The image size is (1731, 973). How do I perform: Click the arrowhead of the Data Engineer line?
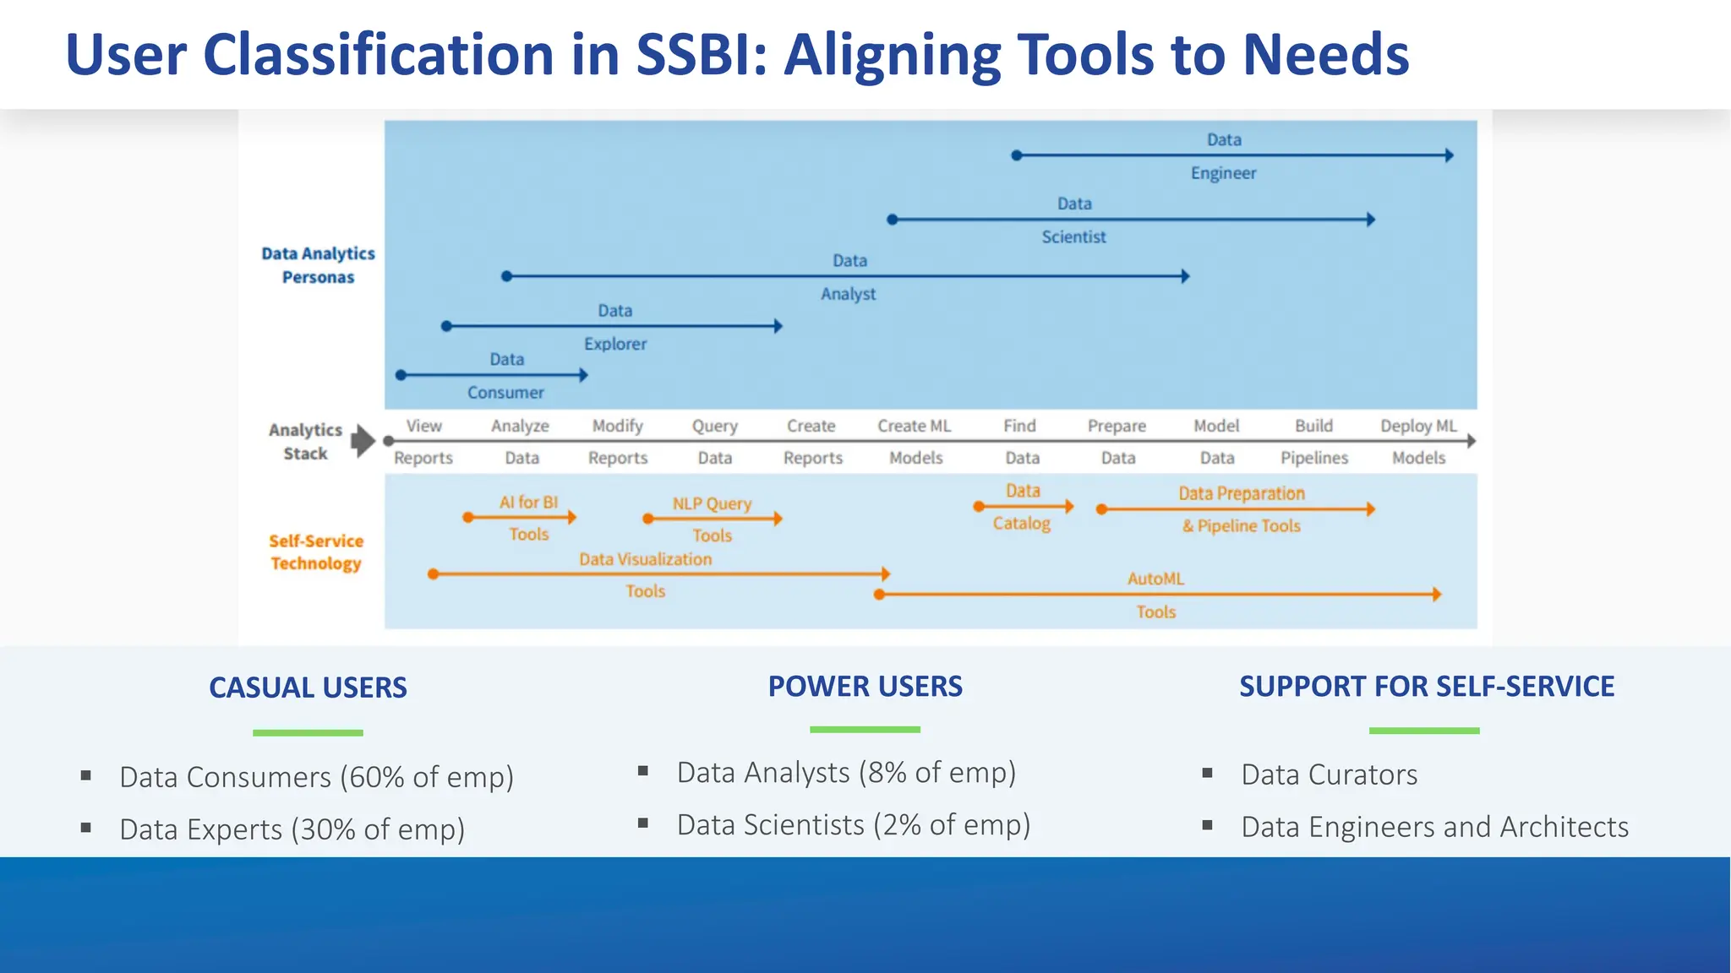pos(1449,155)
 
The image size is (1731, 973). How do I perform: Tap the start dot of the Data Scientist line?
pos(893,220)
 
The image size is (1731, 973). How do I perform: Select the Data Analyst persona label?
pos(849,277)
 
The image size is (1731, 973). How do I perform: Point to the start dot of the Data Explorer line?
pos(447,326)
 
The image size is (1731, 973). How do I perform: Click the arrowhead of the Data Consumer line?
pos(583,375)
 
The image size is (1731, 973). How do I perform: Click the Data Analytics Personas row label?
pos(318,265)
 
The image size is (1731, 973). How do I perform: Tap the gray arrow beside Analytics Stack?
pos(363,440)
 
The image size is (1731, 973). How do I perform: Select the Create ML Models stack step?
pos(915,441)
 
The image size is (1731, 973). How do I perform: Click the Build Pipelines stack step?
pos(1313,441)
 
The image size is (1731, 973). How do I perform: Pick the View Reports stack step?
pos(423,441)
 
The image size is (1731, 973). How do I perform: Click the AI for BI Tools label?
pos(528,517)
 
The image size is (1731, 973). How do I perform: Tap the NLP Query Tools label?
pos(712,519)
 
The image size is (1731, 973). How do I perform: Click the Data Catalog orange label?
pos(1022,507)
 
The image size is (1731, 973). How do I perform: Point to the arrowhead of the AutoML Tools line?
pos(1436,595)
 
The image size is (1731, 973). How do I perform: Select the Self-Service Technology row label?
pos(316,552)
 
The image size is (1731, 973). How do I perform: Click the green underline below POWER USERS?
pos(865,729)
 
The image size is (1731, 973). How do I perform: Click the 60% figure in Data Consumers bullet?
pos(376,777)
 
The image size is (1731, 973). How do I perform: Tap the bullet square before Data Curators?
pos(1207,773)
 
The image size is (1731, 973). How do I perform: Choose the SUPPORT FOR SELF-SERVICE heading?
pos(1426,686)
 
